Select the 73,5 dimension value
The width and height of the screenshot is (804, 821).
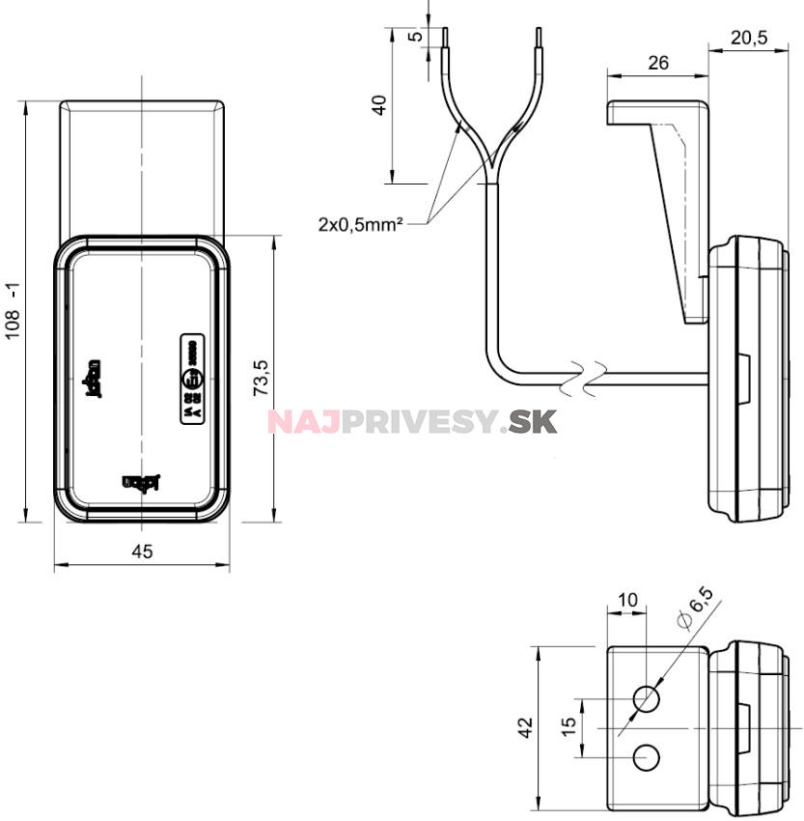pos(261,379)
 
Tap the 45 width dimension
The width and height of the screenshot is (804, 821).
pos(142,552)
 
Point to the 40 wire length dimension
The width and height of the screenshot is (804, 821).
pos(379,104)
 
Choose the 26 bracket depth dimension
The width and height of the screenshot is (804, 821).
pos(657,63)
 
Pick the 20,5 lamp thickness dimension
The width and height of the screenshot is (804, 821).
pos(749,38)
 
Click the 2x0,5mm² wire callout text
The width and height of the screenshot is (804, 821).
pos(359,224)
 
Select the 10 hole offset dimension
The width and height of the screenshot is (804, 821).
pos(627,600)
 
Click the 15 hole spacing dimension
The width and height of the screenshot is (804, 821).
pos(569,723)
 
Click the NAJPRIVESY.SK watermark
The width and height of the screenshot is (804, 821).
pos(412,422)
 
